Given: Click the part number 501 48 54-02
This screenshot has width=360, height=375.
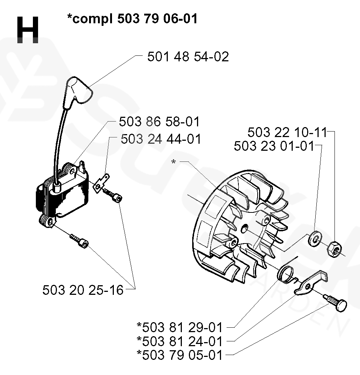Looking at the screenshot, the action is click(x=188, y=57).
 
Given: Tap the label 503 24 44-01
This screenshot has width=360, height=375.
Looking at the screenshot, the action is click(x=161, y=139).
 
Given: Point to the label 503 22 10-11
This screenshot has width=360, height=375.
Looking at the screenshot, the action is click(x=287, y=132).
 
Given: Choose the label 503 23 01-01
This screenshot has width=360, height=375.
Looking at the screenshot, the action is click(x=274, y=146).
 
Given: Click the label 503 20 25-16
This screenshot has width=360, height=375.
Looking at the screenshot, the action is click(x=83, y=290).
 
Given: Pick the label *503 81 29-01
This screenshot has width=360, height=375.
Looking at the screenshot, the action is click(x=180, y=327).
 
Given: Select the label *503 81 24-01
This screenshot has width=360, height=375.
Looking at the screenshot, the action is click(x=180, y=341).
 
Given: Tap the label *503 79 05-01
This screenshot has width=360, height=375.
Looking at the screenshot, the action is click(x=180, y=355).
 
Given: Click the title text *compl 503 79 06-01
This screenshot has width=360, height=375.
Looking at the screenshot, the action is click(x=132, y=18).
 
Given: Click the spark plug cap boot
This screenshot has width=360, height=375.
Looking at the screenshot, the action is click(x=79, y=89).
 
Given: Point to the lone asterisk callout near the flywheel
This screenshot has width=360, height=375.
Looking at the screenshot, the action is click(x=174, y=162).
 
